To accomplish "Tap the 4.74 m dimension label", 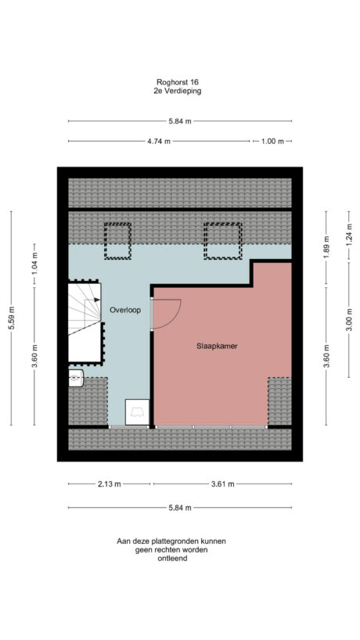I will click(x=160, y=142).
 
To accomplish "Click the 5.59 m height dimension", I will click(x=11, y=318).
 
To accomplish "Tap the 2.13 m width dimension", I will click(x=109, y=484).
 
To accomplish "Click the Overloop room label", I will click(x=124, y=310).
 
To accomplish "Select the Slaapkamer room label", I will click(x=218, y=345).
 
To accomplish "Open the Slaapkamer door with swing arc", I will click(x=165, y=314).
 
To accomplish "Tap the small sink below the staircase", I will click(x=75, y=379).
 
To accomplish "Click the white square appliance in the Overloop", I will click(x=137, y=412).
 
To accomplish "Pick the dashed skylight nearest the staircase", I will click(x=118, y=241).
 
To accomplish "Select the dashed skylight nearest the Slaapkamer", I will click(x=223, y=241).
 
